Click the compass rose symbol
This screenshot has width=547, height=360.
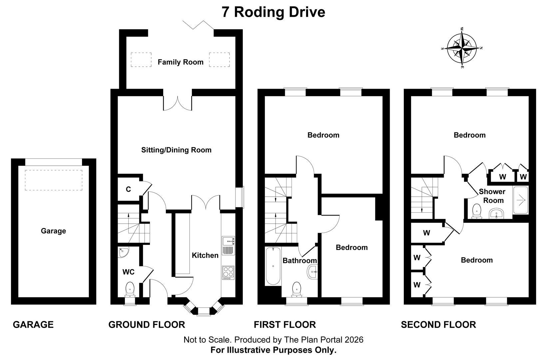pyautogui.click(x=462, y=48)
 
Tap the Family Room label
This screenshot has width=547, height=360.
pyautogui.click(x=181, y=62)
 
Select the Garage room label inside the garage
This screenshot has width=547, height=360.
pyautogui.click(x=53, y=231)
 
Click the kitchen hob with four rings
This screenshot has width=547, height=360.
pyautogui.click(x=228, y=273)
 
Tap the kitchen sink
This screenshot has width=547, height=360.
pyautogui.click(x=228, y=245)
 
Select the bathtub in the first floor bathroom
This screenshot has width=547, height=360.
pyautogui.click(x=273, y=266)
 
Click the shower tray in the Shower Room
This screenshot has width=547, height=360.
pyautogui.click(x=521, y=200)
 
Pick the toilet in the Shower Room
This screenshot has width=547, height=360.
pyautogui.click(x=476, y=211)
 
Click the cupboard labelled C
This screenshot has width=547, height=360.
pyautogui.click(x=129, y=189)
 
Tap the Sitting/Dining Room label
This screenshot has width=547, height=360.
pyautogui.click(x=176, y=150)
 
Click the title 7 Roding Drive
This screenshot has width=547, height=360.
pyautogui.click(x=273, y=12)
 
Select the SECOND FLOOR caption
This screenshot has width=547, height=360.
pyautogui.click(x=438, y=325)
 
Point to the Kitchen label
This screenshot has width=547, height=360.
pyautogui.click(x=205, y=255)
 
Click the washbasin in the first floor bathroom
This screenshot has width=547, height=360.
pyautogui.click(x=312, y=272)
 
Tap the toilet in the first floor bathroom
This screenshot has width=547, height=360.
pyautogui.click(x=297, y=289)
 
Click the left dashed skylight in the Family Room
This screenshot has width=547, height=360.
pyautogui.click(x=141, y=60)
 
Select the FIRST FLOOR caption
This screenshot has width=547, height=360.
pyautogui.click(x=285, y=325)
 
